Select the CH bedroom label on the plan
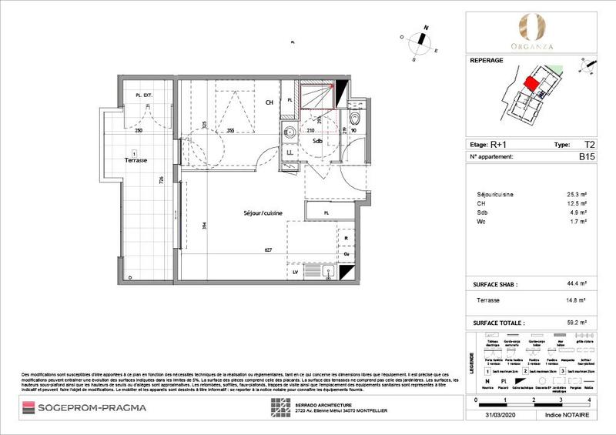(x=270, y=102)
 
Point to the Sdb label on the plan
(x=316, y=141)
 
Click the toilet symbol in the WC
(x=353, y=119)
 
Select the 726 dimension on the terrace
(x=162, y=182)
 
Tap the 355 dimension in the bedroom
(x=230, y=132)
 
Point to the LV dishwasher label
(x=295, y=272)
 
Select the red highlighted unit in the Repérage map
(x=531, y=84)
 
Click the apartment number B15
(x=588, y=156)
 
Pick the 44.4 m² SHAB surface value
(x=577, y=285)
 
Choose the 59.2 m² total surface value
(x=577, y=324)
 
